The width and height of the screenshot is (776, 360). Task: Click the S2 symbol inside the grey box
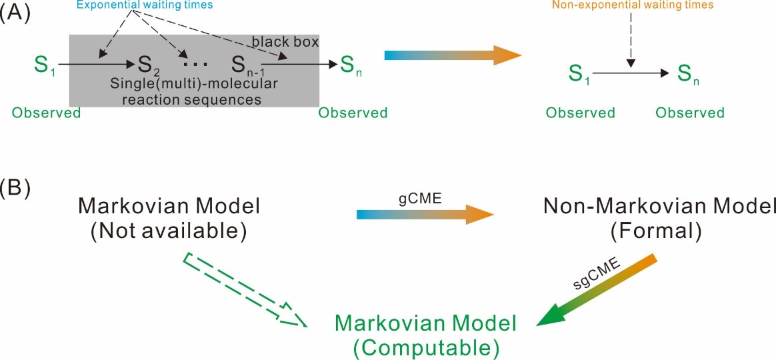[150, 65]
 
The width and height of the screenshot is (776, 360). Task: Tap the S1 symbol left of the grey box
[43, 65]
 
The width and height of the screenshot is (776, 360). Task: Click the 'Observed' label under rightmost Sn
[689, 113]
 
